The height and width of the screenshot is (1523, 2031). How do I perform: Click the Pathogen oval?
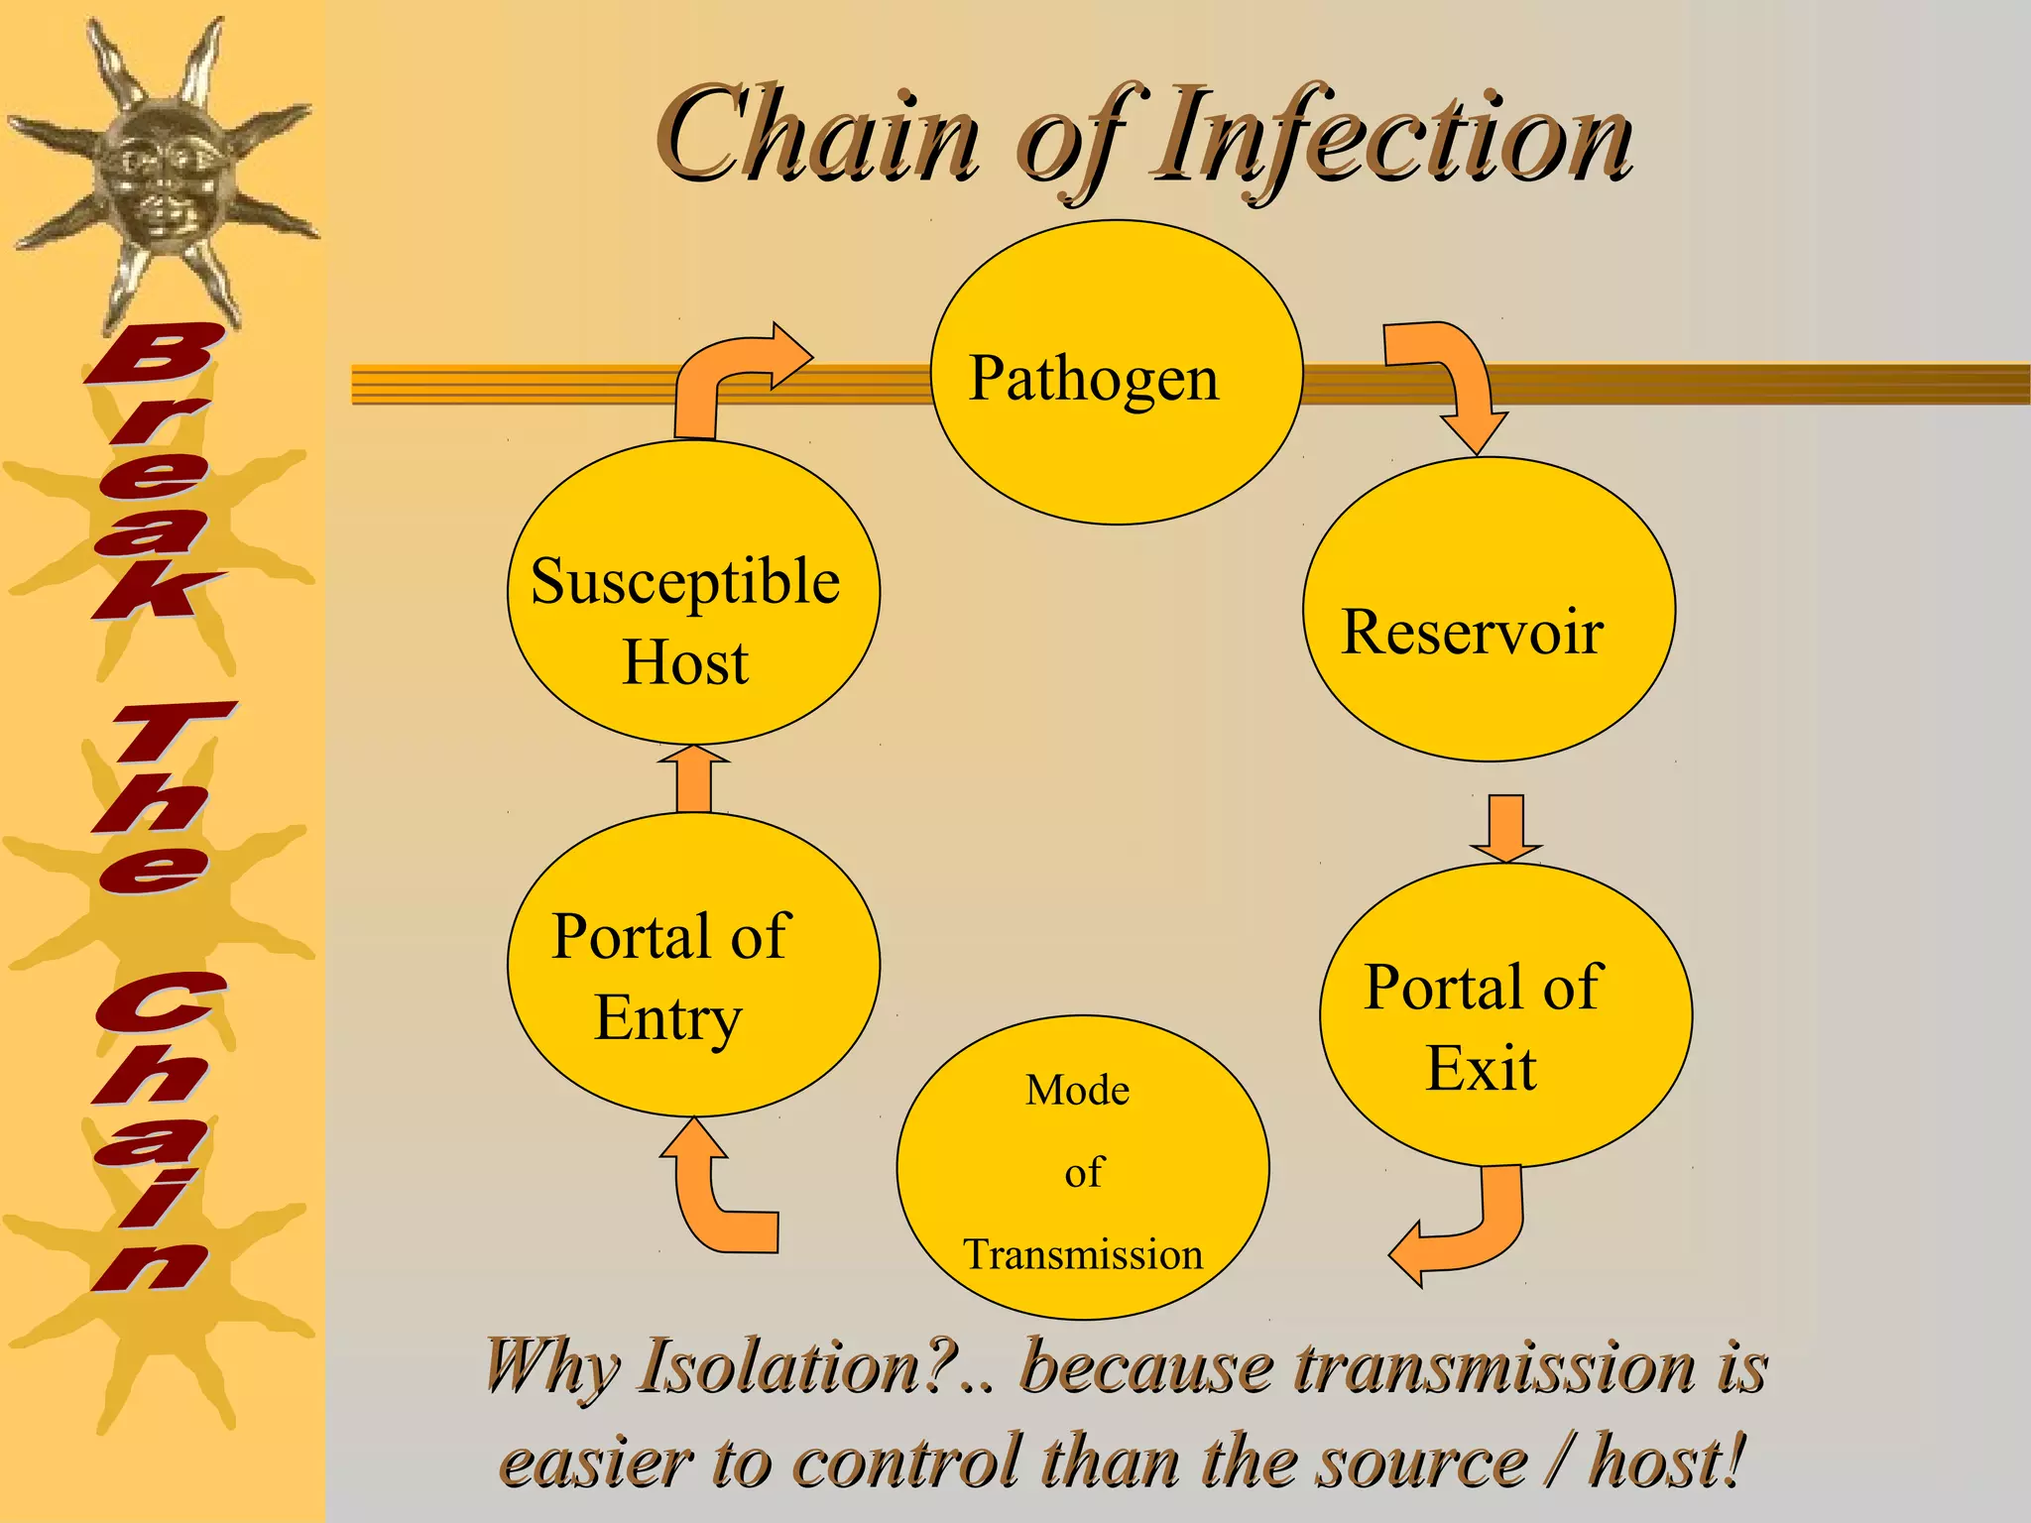[x=1116, y=373]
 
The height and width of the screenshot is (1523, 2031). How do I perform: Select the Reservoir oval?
[x=1489, y=609]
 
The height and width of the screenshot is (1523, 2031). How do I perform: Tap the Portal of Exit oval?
[x=1504, y=1014]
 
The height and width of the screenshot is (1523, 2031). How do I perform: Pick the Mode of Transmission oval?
[x=1082, y=1167]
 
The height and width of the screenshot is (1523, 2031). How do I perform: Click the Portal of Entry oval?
[x=692, y=964]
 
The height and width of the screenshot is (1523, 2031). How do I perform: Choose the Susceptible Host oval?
[x=692, y=593]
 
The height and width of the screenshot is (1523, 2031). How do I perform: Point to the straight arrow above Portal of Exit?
[x=1505, y=827]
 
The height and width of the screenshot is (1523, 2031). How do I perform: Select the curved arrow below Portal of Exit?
[x=1468, y=1230]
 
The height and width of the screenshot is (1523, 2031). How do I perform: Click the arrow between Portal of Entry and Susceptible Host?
[x=694, y=780]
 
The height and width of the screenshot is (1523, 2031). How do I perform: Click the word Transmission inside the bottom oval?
[x=1082, y=1254]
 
